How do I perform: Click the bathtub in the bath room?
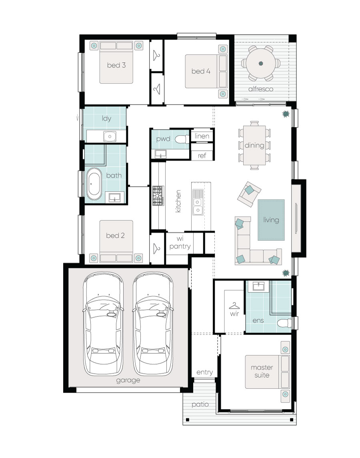[94, 184]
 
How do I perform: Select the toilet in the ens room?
[284, 323]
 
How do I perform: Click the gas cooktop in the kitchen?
[158, 196]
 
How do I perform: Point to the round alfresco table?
[261, 63]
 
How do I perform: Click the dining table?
[254, 145]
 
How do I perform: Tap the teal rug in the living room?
[271, 220]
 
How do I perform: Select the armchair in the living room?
[249, 194]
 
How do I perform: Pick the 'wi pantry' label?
[180, 243]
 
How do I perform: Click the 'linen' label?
[202, 136]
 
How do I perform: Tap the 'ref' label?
[202, 155]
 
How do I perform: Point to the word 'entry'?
[204, 372]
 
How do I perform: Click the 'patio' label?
[200, 404]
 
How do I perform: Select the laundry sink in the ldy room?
[110, 136]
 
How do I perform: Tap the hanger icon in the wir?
[234, 306]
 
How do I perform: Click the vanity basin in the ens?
[258, 286]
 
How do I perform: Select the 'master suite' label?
[262, 371]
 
